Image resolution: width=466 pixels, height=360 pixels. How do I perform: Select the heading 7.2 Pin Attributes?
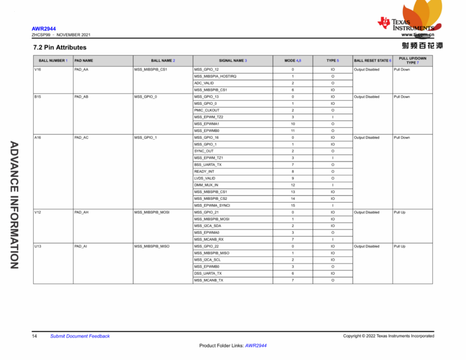point(60,47)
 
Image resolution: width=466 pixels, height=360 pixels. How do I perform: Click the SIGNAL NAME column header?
point(233,61)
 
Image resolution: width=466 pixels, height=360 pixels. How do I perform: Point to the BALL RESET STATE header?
point(372,61)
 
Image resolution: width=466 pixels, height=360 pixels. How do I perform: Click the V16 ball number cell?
point(38,69)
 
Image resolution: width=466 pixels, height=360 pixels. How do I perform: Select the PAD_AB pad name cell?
point(81,97)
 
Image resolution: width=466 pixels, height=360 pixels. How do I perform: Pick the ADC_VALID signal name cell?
point(204,83)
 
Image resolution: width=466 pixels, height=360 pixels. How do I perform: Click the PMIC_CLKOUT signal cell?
point(207,110)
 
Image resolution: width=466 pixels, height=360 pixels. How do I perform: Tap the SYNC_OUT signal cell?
point(204,151)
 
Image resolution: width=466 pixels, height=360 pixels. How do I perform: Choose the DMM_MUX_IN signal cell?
point(206,185)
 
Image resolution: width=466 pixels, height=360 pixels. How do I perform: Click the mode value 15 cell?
point(293,205)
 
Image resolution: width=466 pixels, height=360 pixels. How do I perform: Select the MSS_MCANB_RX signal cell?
point(209,239)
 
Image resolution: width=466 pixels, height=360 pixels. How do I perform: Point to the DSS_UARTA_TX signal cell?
point(208,273)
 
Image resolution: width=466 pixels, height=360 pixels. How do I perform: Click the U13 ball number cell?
point(38,246)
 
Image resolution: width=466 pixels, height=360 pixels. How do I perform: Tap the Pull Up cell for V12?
point(400,212)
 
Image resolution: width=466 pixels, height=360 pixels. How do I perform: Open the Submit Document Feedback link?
point(80,336)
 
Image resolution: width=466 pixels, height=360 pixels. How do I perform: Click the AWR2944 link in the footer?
point(256,346)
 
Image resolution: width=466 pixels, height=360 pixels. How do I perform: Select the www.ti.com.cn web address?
point(418,35)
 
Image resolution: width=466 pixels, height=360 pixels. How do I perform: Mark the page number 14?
point(34,336)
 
